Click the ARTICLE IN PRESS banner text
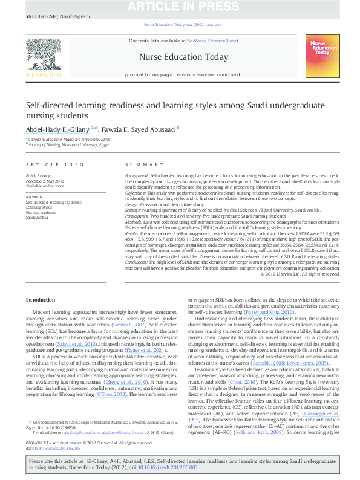(180, 6)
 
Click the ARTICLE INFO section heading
(54, 164)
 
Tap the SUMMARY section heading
(140, 164)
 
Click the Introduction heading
(40, 300)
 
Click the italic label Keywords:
(34, 197)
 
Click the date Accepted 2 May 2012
(45, 181)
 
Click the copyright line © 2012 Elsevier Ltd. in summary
(299, 274)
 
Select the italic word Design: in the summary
(133, 205)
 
